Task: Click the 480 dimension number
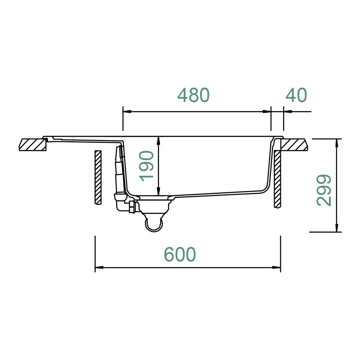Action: [x=193, y=95]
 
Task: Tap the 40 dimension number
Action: [x=296, y=95]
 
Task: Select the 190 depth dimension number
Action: [x=147, y=166]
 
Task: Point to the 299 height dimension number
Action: [x=324, y=190]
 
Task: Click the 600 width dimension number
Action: [x=180, y=254]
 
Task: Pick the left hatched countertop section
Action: [x=32, y=145]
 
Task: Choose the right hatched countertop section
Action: [x=294, y=145]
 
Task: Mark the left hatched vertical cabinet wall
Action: [x=98, y=177]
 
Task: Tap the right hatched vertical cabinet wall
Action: [x=278, y=179]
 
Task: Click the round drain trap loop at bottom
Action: [x=154, y=225]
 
